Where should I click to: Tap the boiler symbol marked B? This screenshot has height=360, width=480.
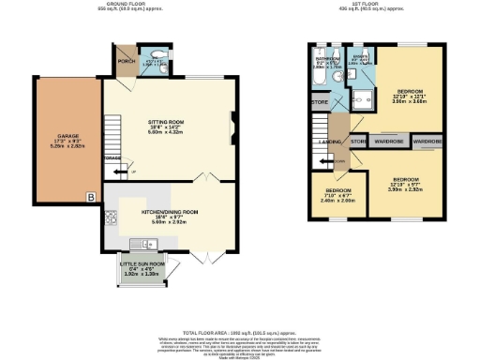tap(91, 197)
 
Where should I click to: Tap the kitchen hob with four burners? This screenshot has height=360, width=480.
tap(112, 219)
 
